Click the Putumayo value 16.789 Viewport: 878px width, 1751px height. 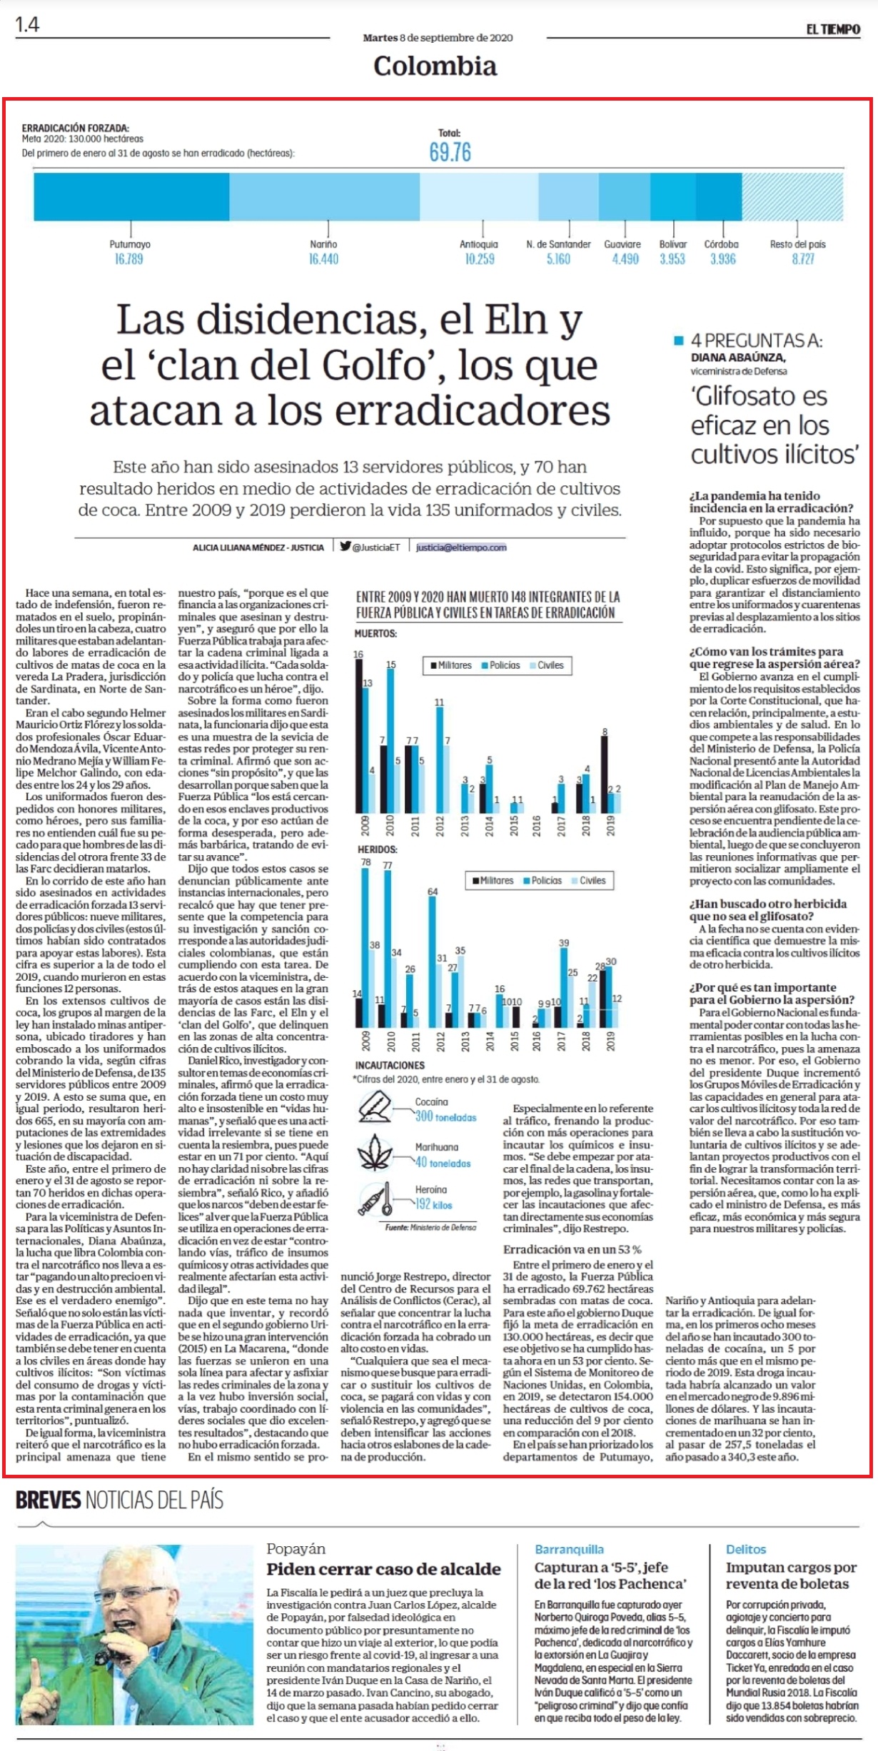[129, 259]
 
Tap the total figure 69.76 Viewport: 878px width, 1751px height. [450, 152]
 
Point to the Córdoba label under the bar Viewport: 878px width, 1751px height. [722, 244]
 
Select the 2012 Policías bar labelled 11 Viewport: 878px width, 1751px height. [440, 760]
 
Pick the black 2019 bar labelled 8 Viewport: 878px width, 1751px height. [605, 774]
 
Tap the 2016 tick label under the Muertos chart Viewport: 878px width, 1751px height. [536, 826]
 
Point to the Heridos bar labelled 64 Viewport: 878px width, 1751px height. [433, 962]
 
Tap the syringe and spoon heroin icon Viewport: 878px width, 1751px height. [375, 1200]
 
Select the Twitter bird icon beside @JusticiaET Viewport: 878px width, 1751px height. [345, 546]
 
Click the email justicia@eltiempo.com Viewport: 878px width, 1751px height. [461, 547]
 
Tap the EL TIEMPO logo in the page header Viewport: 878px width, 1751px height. [833, 29]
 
